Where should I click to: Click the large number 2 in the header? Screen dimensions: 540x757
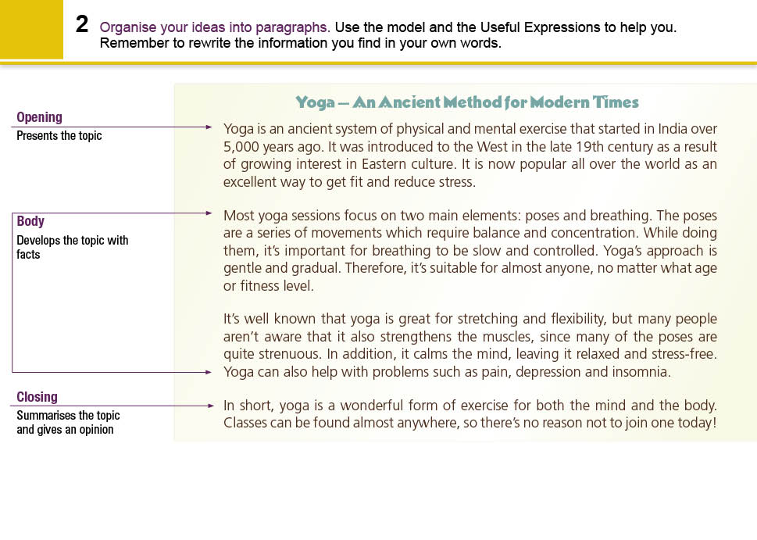point(82,24)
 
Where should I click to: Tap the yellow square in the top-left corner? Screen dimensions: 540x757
point(31,30)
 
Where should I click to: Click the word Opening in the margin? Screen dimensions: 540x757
point(39,117)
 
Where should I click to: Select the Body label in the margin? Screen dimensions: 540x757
point(30,221)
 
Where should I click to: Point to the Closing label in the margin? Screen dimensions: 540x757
point(37,397)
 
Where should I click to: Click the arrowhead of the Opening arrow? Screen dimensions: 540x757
point(209,127)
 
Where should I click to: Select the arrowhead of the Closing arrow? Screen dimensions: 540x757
point(209,406)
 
